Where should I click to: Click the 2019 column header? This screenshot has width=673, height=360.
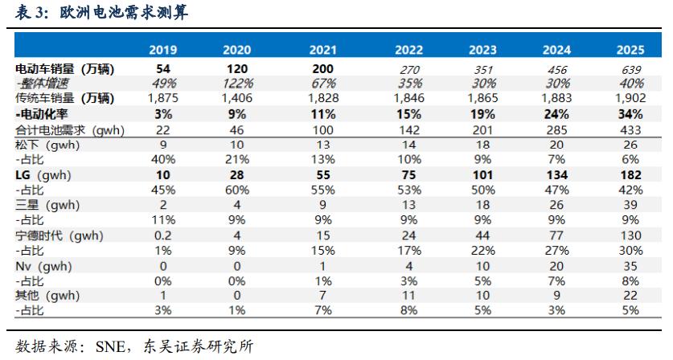pos(163,51)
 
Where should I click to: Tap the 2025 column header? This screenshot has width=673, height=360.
pos(630,51)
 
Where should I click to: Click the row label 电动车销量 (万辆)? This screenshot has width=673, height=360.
pos(65,70)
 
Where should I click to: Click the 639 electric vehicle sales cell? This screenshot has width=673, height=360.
pos(630,70)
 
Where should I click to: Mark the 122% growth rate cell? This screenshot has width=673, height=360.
pos(241,84)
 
